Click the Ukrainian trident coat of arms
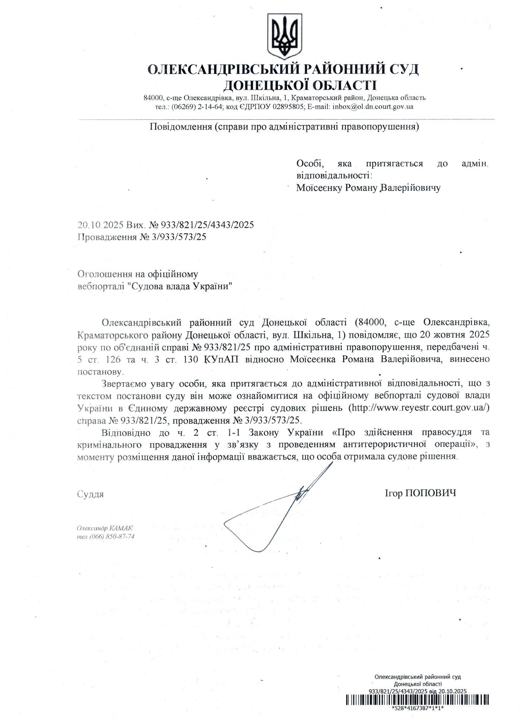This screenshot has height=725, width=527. [x=284, y=36]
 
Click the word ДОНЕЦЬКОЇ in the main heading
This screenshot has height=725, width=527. [x=267, y=85]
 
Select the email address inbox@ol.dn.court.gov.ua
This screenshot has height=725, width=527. [x=373, y=107]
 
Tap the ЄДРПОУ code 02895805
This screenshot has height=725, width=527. [x=288, y=107]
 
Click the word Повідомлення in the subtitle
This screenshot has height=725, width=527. [x=181, y=127]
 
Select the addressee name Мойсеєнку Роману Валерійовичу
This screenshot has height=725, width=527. [x=368, y=188]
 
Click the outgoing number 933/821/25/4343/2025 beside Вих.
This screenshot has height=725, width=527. [x=207, y=225]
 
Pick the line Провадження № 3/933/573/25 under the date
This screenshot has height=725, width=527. [x=142, y=237]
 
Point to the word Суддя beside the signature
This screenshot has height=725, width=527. [x=91, y=495]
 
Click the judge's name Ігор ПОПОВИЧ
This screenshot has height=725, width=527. [x=421, y=493]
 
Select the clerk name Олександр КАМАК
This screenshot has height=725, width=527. [x=104, y=528]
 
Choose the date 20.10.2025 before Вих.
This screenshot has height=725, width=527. [x=100, y=225]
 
